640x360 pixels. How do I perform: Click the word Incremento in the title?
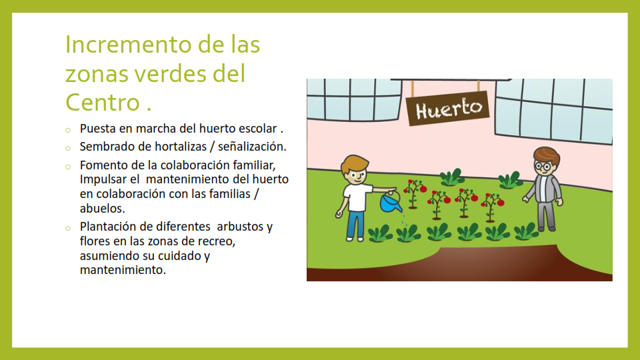pyautogui.click(x=128, y=44)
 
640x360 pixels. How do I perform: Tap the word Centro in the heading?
pyautogui.click(x=103, y=102)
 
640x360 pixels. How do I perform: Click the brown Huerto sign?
pyautogui.click(x=448, y=108)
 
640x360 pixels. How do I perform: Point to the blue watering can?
pyautogui.click(x=390, y=201)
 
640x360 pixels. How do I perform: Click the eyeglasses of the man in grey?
pyautogui.click(x=543, y=166)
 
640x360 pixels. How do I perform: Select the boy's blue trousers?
pyautogui.click(x=355, y=224)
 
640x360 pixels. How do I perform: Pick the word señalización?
pyautogui.click(x=252, y=147)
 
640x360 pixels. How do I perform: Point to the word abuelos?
pyautogui.click(x=103, y=209)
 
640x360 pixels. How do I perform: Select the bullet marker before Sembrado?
pyautogui.click(x=68, y=148)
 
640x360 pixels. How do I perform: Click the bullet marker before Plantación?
pyautogui.click(x=68, y=228)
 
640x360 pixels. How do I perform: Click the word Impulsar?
pyautogui.click(x=103, y=179)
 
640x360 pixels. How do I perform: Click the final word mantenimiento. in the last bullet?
pyautogui.click(x=123, y=270)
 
